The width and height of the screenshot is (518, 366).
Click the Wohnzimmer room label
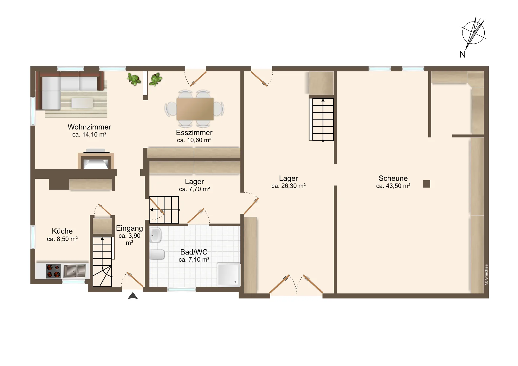pyautogui.click(x=89, y=127)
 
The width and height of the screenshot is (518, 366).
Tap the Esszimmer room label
pyautogui.click(x=194, y=132)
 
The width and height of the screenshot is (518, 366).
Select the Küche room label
pyautogui.click(x=62, y=231)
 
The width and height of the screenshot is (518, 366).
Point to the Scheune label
pyautogui.click(x=393, y=178)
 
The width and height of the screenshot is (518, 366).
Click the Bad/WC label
pyautogui.click(x=194, y=252)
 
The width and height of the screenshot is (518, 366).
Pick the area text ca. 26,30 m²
pyautogui.click(x=288, y=186)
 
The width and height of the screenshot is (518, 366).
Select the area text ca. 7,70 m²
pyautogui.click(x=194, y=189)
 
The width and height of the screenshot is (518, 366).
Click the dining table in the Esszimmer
pyautogui.click(x=195, y=109)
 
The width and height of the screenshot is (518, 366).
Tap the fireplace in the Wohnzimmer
pyautogui.click(x=96, y=161)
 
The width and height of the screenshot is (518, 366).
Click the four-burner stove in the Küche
pyautogui.click(x=53, y=271)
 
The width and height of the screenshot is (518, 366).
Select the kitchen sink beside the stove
pyautogui.click(x=75, y=271)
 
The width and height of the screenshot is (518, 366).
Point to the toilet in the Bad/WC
pyautogui.click(x=157, y=255)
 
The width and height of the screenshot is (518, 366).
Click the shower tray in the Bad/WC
pyautogui.click(x=229, y=275)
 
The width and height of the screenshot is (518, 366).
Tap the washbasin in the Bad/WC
pyautogui.click(x=155, y=235)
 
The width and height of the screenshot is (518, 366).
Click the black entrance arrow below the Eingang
pyautogui.click(x=133, y=296)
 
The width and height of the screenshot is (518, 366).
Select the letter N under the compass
pyautogui.click(x=462, y=55)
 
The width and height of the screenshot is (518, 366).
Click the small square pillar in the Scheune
pyautogui.click(x=426, y=184)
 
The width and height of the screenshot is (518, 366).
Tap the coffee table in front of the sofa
pyautogui.click(x=82, y=103)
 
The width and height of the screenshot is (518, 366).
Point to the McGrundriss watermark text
pyautogui.click(x=486, y=275)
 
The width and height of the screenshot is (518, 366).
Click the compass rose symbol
pyautogui.click(x=473, y=32)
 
